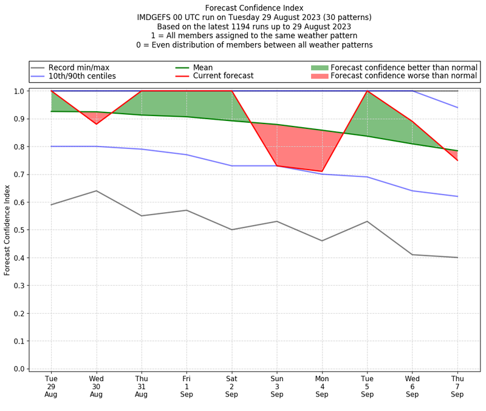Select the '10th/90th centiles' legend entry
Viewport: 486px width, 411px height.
click(82, 76)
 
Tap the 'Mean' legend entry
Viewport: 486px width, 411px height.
click(219, 67)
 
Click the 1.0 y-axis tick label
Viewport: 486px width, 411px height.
click(19, 91)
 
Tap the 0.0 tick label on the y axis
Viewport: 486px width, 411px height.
click(19, 369)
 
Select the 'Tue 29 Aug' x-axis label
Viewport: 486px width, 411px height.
click(51, 386)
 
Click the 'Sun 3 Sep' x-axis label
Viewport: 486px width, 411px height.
click(277, 386)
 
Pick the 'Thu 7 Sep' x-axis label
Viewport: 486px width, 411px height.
click(457, 386)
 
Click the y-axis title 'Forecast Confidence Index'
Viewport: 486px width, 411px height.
click(7, 230)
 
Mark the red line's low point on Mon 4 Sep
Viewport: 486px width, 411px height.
click(322, 171)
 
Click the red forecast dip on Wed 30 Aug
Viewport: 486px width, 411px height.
click(96, 124)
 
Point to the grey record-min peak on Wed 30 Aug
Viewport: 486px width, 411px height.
click(96, 191)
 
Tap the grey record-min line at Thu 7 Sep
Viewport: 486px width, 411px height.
click(457, 257)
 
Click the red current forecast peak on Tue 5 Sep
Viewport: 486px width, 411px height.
click(367, 91)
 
